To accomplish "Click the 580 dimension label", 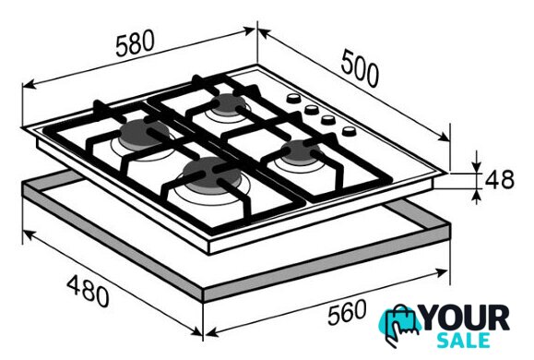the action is point(135,43).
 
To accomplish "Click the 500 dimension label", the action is point(360,67).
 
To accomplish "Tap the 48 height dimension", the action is point(500,180).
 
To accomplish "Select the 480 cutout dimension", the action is point(88,292).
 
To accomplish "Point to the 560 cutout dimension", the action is point(347,312).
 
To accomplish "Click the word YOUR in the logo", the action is point(466,318).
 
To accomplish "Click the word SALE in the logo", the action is point(464,341).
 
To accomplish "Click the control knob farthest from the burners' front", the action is point(293,99).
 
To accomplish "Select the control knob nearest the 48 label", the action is point(349,131).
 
